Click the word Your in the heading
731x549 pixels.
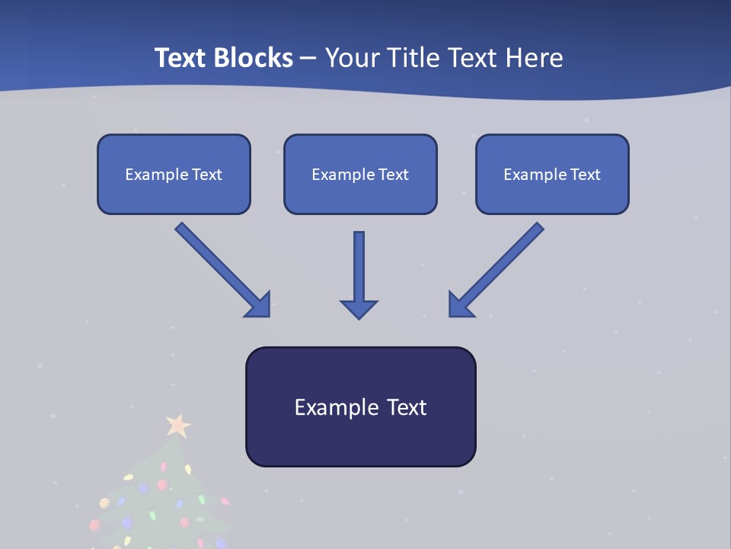[x=353, y=58]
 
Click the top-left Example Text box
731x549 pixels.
[x=174, y=175]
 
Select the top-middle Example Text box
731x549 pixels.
[x=360, y=175]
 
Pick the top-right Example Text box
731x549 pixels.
[x=552, y=175]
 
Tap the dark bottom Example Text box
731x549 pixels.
[x=360, y=407]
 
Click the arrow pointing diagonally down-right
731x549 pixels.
[x=222, y=269]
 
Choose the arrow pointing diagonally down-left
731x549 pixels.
[x=496, y=269]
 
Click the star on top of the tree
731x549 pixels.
[x=178, y=425]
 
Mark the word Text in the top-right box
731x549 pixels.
[x=586, y=175]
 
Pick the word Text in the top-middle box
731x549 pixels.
[x=394, y=175]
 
